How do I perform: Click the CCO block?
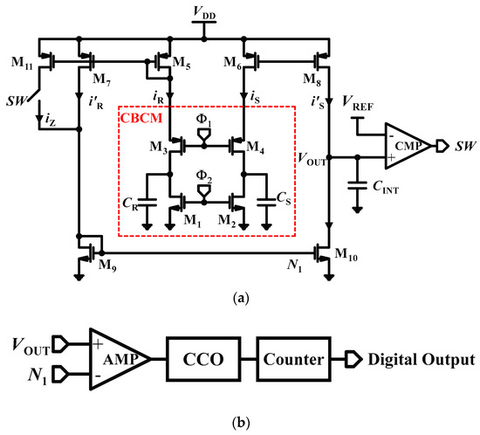coord(207,359)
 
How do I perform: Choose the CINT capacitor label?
coord(387,185)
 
